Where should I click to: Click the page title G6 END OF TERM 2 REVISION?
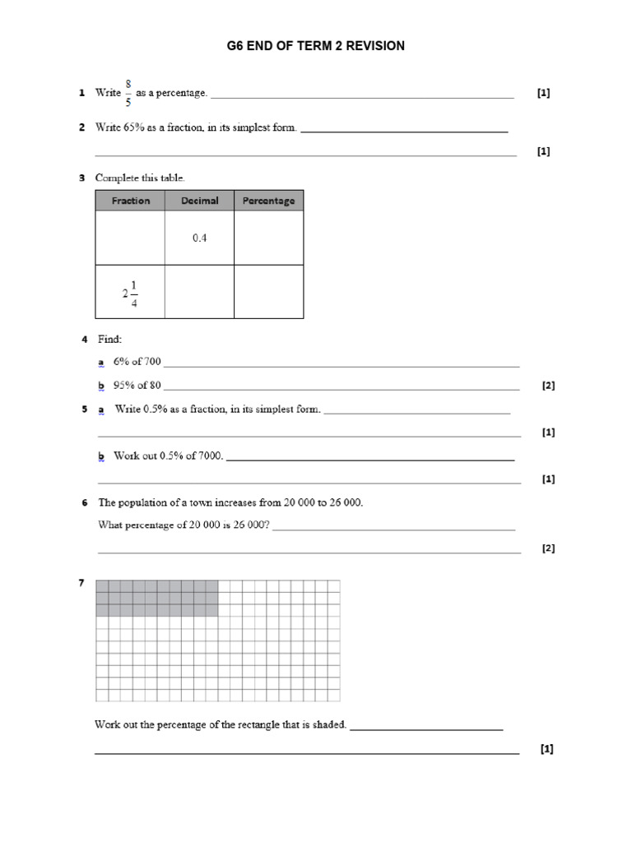[316, 46]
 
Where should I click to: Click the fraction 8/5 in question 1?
[128, 93]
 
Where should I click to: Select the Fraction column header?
[130, 201]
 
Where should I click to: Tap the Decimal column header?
[199, 201]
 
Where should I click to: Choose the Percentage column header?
[268, 201]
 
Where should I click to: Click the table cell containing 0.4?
[199, 238]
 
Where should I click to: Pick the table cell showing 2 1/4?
[130, 292]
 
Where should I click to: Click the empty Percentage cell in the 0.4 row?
[268, 238]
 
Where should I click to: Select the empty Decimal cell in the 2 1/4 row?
[199, 292]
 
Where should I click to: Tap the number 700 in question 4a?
[152, 362]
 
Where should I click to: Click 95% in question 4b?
[124, 385]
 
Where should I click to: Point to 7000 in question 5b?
[210, 456]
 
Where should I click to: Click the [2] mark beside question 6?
[548, 548]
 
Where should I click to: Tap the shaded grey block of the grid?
[157, 598]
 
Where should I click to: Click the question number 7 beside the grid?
[81, 584]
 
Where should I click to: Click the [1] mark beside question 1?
[543, 93]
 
